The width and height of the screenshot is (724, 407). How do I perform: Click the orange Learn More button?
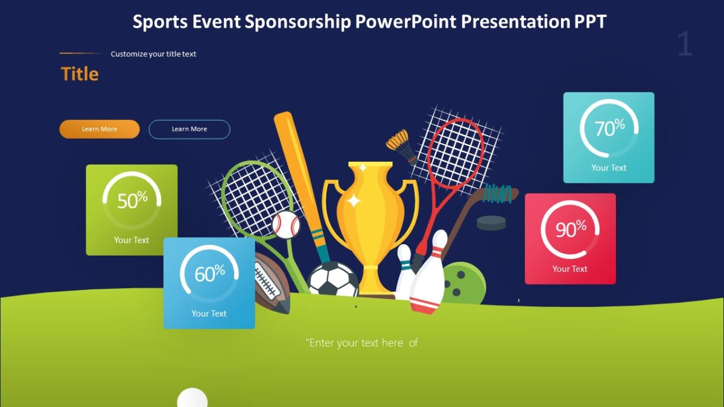pyautogui.click(x=100, y=129)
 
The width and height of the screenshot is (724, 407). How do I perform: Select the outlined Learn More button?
pyautogui.click(x=189, y=129)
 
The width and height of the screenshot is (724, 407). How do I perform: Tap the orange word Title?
pyautogui.click(x=80, y=74)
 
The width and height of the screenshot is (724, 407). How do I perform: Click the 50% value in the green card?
pyautogui.click(x=132, y=200)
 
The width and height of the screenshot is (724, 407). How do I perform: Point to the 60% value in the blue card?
pyautogui.click(x=209, y=274)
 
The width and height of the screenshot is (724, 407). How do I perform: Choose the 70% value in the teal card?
pyautogui.click(x=609, y=128)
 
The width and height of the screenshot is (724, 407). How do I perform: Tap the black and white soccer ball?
pyautogui.click(x=334, y=280)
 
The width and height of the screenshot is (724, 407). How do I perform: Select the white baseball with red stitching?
pyautogui.click(x=286, y=224)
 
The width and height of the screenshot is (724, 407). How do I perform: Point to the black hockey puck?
pyautogui.click(x=491, y=223)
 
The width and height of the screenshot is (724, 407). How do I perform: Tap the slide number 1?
pyautogui.click(x=684, y=45)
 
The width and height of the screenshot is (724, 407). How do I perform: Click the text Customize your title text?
pyautogui.click(x=153, y=54)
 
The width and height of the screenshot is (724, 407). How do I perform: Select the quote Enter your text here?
pyautogui.click(x=361, y=343)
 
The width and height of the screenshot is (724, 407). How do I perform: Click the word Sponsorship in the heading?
pyautogui.click(x=297, y=22)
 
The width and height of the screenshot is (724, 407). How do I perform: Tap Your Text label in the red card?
pyautogui.click(x=570, y=269)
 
